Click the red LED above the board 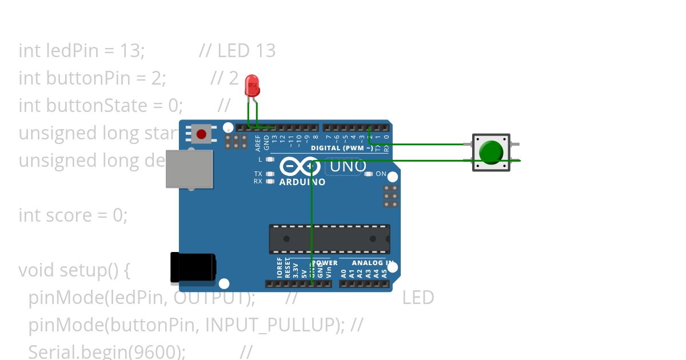[252, 86]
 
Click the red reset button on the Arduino [201, 135]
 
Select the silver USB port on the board [189, 169]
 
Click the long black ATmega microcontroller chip [329, 239]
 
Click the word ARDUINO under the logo [302, 182]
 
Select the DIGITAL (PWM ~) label [342, 148]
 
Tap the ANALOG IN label [372, 263]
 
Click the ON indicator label [381, 174]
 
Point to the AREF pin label [258, 141]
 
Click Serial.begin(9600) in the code [106, 352]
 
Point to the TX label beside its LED [258, 173]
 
